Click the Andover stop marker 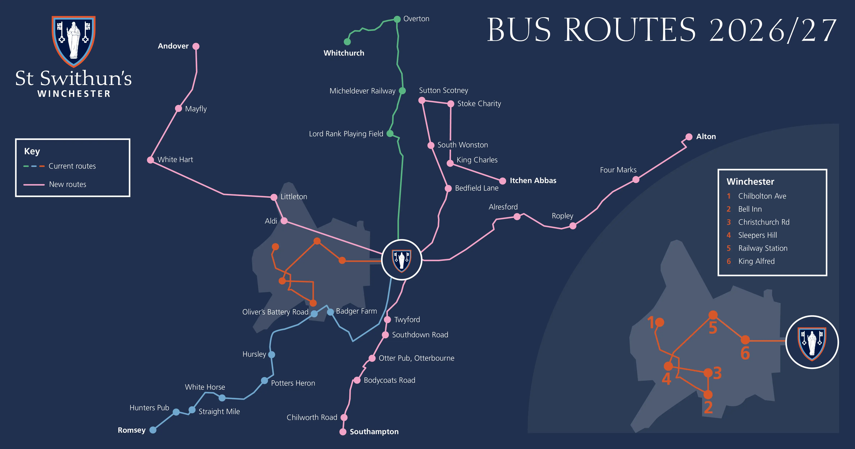pos(196,46)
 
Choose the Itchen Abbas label pos(533,180)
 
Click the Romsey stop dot pos(153,430)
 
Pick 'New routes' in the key pos(68,184)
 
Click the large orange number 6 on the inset pos(745,353)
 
